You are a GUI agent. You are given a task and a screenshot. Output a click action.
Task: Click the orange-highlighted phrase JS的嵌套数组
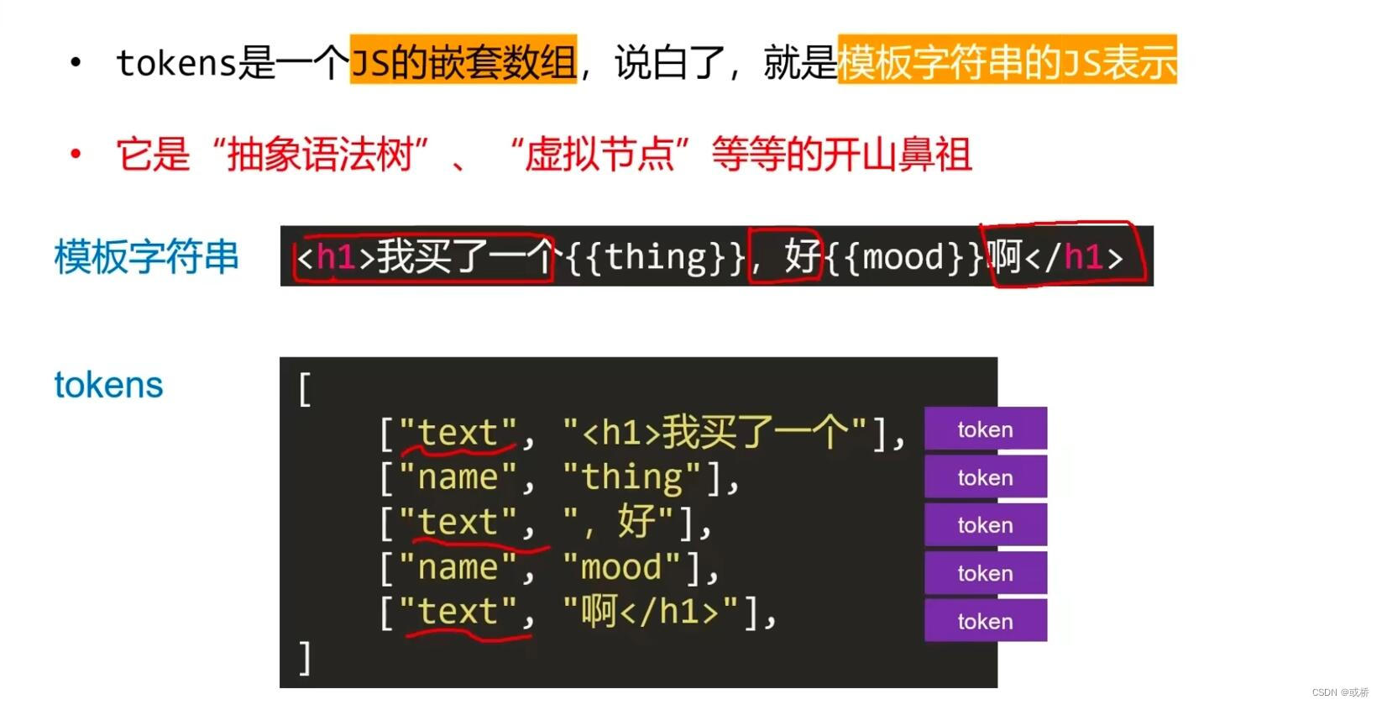click(463, 61)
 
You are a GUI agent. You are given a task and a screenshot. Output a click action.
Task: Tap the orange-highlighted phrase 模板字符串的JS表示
click(1007, 61)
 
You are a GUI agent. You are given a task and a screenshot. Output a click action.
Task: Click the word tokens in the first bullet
click(176, 62)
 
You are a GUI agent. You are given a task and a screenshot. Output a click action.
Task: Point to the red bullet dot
click(76, 153)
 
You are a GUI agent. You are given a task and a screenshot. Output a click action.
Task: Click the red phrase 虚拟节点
click(599, 155)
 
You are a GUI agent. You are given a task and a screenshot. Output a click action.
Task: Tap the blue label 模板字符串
click(147, 256)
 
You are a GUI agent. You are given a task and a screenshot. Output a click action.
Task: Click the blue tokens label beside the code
click(108, 385)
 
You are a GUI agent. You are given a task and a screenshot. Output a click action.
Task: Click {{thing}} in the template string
click(655, 257)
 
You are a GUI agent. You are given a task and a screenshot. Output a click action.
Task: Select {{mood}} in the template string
click(903, 257)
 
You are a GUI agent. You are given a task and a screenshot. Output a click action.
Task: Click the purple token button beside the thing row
click(985, 477)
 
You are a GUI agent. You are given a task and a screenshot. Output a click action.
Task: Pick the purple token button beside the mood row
click(985, 573)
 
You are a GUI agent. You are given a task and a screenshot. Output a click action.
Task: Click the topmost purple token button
click(985, 429)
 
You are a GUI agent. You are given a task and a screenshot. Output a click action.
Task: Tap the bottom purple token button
click(985, 621)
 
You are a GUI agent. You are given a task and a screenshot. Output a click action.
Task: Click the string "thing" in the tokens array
click(632, 477)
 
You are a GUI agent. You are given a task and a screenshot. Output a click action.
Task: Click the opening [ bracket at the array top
click(305, 389)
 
